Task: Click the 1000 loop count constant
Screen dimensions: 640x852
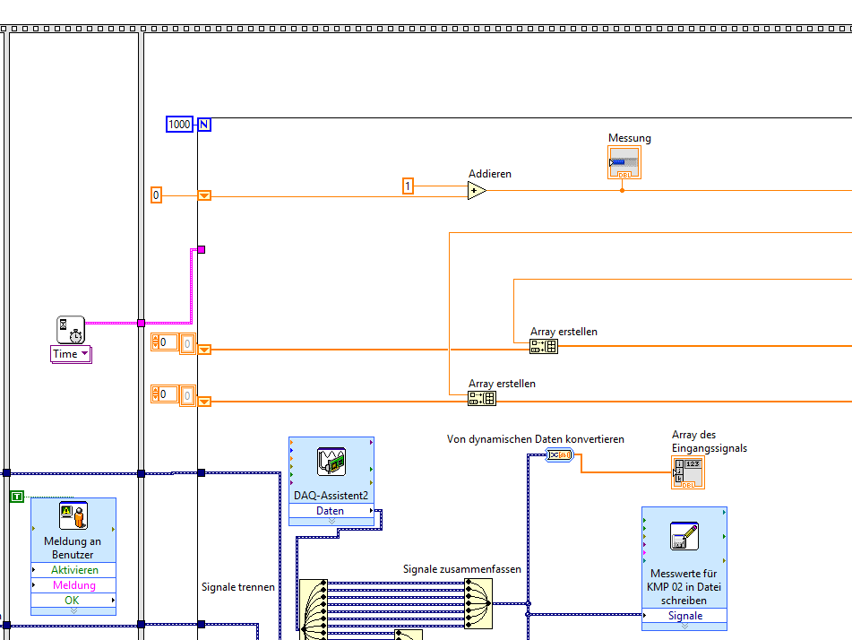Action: pos(179,125)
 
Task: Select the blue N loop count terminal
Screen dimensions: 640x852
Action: pos(204,125)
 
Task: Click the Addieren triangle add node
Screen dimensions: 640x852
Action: pos(477,190)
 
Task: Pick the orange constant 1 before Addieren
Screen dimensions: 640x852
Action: pos(408,186)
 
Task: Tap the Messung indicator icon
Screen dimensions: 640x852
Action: pos(624,163)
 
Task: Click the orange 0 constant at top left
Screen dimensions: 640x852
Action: pos(156,195)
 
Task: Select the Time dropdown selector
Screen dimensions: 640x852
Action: pos(71,354)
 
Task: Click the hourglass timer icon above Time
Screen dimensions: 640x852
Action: pos(71,329)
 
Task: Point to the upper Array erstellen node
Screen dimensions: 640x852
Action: pos(544,347)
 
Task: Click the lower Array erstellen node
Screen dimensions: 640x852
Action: pos(482,399)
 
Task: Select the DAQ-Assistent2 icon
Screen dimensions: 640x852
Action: pos(331,463)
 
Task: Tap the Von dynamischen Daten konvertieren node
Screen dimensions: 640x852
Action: pos(559,455)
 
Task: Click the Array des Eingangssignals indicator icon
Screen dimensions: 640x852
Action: pos(688,472)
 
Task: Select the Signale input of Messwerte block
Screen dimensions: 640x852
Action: pos(684,616)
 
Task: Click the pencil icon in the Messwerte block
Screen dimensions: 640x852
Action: pos(684,536)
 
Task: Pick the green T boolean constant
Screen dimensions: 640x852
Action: pos(16,497)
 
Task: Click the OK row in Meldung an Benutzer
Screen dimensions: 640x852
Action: pos(73,600)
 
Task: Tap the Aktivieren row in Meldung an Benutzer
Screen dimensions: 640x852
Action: pos(73,570)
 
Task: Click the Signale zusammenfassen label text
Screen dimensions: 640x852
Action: pos(461,569)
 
